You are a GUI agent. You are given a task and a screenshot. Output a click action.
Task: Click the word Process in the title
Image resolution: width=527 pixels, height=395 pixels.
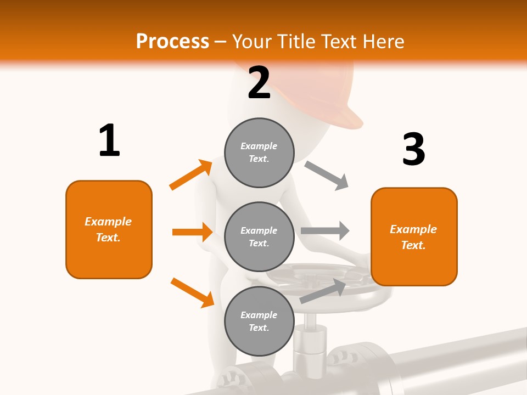pos(172,41)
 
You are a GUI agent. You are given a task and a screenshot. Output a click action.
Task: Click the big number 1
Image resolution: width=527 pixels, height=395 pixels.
pos(109,141)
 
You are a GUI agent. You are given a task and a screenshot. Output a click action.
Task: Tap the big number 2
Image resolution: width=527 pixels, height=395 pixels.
pos(259,82)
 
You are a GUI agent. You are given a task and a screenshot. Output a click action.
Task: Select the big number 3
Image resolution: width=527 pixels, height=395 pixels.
pos(413,149)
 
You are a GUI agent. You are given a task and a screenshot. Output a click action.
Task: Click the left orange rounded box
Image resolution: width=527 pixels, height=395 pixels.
pos(109,229)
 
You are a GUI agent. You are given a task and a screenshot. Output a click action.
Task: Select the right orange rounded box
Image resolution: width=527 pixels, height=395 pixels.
pos(414,236)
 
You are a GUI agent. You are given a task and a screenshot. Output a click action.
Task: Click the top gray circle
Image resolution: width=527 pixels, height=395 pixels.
pos(259,153)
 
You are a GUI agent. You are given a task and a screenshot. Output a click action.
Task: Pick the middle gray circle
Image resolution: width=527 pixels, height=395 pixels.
pos(259,236)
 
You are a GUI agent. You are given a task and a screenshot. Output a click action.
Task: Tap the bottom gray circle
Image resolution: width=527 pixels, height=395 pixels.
pos(259,321)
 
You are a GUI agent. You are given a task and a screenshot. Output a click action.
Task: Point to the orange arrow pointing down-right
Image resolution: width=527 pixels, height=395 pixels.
pos(192,292)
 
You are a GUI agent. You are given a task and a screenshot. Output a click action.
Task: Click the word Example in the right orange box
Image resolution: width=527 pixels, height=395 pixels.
pos(413,229)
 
